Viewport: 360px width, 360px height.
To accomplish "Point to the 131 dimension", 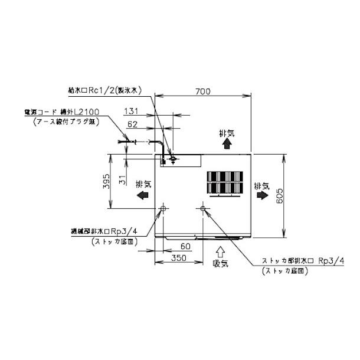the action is (132, 110).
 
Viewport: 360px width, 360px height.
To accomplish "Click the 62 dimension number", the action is (133, 124).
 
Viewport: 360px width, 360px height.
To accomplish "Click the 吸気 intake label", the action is (220, 263).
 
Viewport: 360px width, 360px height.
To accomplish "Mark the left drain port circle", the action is (163, 208).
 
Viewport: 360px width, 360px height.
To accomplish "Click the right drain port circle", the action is (203, 208).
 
